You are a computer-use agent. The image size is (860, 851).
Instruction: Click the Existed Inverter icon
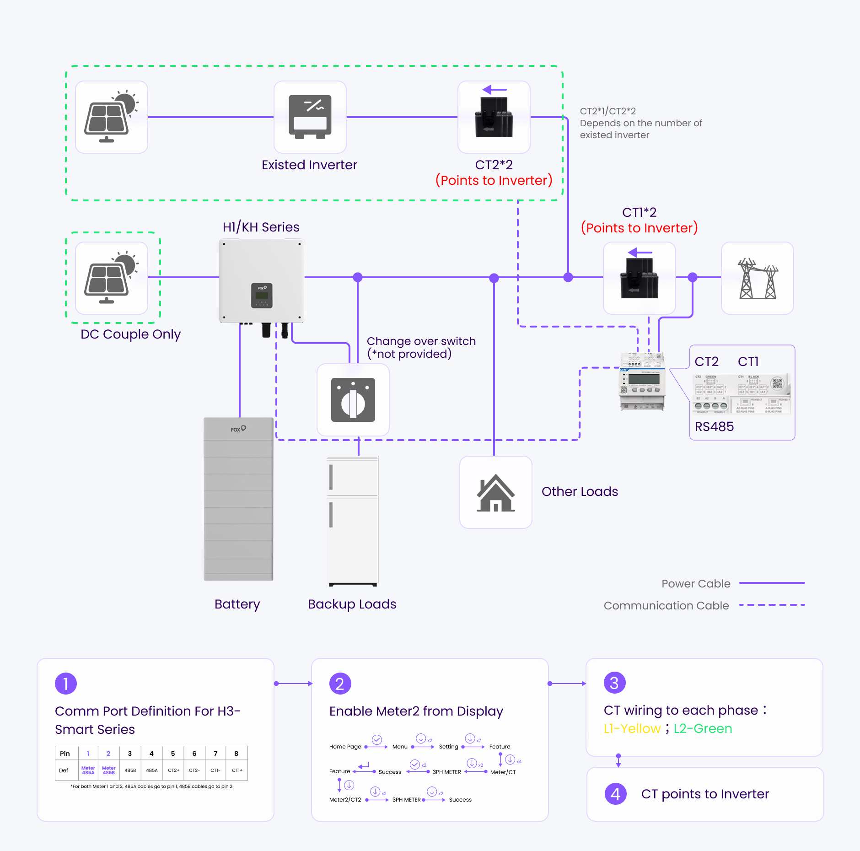tap(310, 117)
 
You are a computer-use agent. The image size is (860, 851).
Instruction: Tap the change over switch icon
tap(353, 400)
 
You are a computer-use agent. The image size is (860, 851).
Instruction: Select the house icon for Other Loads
tap(495, 493)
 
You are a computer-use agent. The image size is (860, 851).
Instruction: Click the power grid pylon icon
tap(757, 278)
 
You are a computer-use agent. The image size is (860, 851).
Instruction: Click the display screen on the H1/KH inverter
tap(262, 295)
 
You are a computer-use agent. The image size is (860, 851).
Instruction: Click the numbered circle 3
tap(614, 683)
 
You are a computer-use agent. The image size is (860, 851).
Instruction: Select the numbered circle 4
tap(615, 794)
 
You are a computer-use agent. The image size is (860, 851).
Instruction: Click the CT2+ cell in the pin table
tap(173, 770)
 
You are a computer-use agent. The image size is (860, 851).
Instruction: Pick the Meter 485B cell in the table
tap(108, 770)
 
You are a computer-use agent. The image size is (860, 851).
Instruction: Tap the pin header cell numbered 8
tap(236, 754)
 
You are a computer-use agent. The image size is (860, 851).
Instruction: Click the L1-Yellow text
tap(632, 728)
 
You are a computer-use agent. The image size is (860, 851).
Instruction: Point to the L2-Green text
tap(703, 728)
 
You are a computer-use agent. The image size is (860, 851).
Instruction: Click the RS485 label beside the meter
tap(714, 426)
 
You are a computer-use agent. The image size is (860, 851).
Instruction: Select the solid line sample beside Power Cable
tap(772, 583)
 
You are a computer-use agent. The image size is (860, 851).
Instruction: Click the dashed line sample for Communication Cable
tap(772, 605)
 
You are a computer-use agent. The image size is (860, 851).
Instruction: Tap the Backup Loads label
tap(352, 604)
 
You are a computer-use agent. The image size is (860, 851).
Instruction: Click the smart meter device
tap(642, 381)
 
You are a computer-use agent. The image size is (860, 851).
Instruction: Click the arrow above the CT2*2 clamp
tap(494, 90)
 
